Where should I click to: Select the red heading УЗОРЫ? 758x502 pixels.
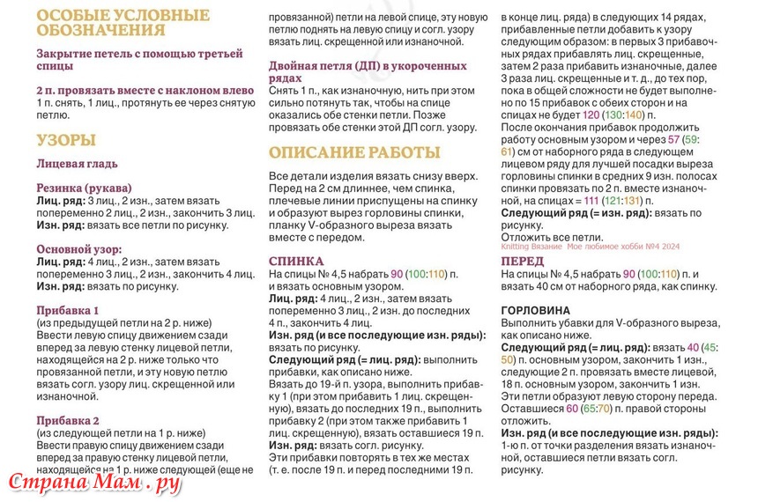click(67, 140)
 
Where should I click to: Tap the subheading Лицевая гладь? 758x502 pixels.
click(78, 164)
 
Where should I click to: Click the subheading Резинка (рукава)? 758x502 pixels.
click(85, 188)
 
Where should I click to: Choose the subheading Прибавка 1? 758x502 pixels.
click(68, 310)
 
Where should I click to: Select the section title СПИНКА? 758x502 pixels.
click(296, 262)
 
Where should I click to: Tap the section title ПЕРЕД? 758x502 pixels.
click(523, 262)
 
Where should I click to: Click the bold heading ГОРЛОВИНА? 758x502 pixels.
click(535, 311)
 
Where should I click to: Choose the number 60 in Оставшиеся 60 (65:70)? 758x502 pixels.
click(573, 409)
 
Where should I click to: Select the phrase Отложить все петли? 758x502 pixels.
click(552, 237)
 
